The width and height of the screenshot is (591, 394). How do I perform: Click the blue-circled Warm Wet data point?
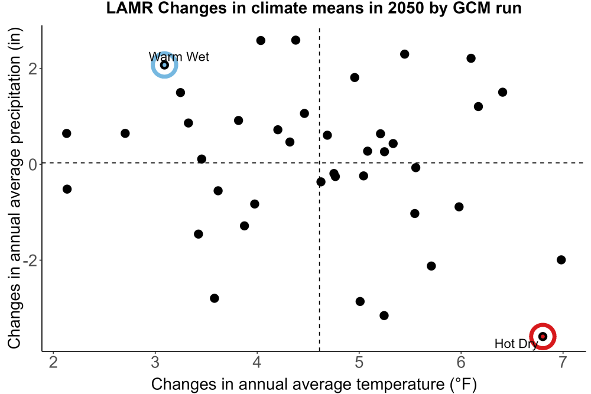(164, 65)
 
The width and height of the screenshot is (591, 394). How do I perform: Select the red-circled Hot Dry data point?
(543, 336)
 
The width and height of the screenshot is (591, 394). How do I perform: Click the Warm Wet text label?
(178, 57)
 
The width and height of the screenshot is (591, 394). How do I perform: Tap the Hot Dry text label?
(516, 344)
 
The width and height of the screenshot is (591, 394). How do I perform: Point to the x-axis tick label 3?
(155, 362)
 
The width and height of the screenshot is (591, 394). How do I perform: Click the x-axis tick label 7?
(563, 362)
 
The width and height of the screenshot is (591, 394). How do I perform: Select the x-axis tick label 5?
(359, 362)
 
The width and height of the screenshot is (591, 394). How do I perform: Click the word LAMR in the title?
(129, 8)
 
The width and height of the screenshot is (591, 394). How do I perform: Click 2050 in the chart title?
(407, 8)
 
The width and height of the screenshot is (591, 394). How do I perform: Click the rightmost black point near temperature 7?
(561, 259)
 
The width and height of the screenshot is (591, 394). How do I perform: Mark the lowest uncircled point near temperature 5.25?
(384, 315)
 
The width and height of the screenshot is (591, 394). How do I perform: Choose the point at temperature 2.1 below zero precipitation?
(67, 189)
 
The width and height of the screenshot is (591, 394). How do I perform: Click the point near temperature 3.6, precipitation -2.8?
(215, 298)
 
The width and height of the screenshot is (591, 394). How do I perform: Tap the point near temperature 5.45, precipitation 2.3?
(404, 54)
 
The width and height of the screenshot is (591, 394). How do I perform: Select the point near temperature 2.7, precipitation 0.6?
(125, 133)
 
